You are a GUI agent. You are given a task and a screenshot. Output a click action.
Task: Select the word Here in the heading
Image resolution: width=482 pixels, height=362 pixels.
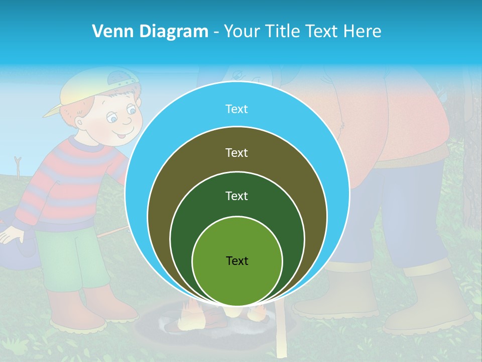363,32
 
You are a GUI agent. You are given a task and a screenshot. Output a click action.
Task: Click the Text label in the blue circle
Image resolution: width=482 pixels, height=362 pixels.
236,109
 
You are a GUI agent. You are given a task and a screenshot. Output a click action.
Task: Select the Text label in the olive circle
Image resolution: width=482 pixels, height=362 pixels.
236,153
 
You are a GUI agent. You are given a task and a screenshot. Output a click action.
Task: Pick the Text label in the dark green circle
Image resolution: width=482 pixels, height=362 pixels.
236,196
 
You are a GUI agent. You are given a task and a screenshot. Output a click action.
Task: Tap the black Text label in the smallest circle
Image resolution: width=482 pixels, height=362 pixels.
237,261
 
